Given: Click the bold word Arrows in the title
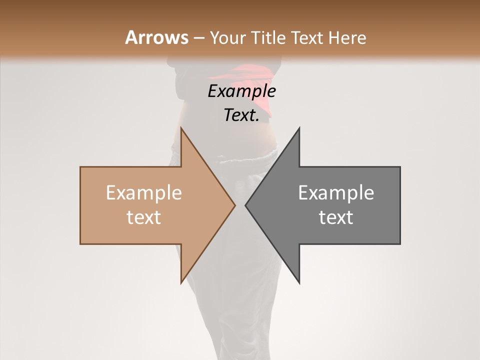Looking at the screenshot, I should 157,37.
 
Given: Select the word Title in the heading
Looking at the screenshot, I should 268,37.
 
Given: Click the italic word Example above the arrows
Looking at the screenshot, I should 242,92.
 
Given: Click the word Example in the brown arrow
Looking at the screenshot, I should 144,193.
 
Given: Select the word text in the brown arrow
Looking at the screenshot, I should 144,217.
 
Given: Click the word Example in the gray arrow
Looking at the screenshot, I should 336,193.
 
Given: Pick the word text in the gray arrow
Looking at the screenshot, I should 336,217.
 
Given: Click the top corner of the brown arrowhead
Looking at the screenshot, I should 181,128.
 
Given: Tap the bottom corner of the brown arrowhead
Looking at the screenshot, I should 181,282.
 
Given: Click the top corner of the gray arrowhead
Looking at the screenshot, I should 299,128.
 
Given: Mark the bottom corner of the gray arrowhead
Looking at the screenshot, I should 299,282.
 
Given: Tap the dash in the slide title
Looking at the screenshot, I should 198,38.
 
